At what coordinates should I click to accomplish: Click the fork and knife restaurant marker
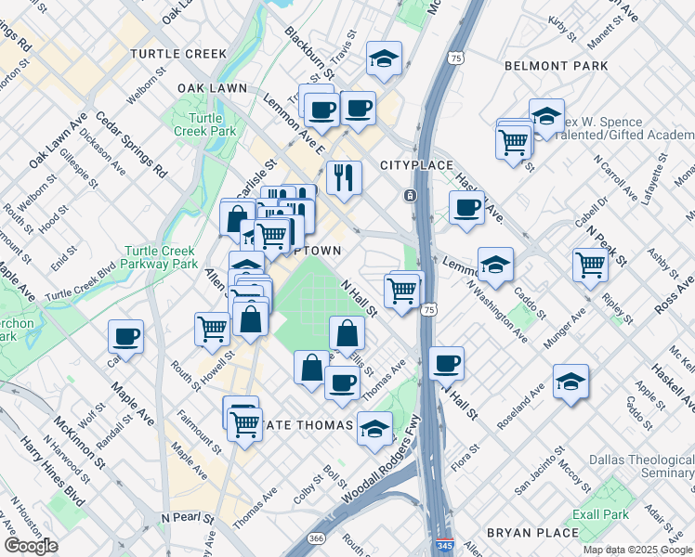pos(344,176)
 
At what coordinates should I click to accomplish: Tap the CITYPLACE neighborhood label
pos(416,165)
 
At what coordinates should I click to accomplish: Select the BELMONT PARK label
pos(556,66)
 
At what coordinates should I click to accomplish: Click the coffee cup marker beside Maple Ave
pos(125,336)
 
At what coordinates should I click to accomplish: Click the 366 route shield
pos(316,538)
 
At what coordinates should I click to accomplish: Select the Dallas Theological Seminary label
pos(642,467)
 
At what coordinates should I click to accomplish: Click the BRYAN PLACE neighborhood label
pos(533,533)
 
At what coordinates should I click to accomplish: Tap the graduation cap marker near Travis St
pos(383,58)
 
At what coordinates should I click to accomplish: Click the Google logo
pos(31,546)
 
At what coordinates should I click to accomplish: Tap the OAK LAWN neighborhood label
pos(212,88)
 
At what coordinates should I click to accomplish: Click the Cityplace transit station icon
pos(410,196)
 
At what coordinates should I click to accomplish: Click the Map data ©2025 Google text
pos(636,550)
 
